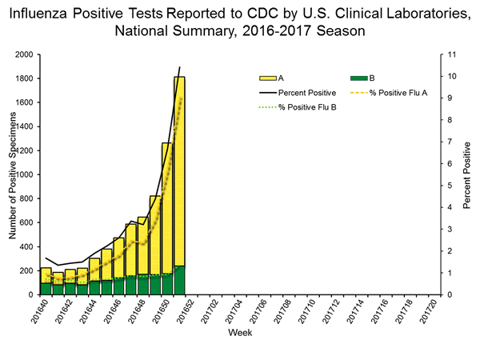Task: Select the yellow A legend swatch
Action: point(267,78)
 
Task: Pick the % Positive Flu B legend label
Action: point(307,107)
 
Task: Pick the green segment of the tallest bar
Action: point(179,280)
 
